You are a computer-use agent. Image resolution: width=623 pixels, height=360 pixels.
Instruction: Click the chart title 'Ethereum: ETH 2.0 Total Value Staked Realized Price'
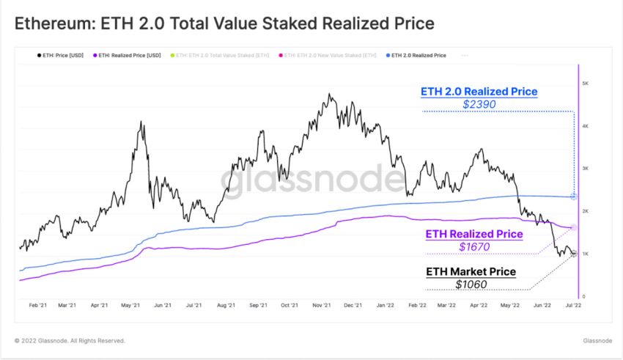click(225, 24)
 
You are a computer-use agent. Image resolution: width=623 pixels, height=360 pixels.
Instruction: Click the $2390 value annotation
click(479, 105)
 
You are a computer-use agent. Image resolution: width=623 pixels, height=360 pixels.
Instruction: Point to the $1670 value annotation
click(474, 247)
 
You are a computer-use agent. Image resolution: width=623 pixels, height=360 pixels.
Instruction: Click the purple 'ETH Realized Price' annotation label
click(474, 234)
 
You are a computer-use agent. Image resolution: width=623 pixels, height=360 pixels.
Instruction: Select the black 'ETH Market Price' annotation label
click(471, 272)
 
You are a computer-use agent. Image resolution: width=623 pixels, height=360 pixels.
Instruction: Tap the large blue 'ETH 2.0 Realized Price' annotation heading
click(479, 92)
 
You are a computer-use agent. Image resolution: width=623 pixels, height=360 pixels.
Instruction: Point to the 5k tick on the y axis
click(585, 84)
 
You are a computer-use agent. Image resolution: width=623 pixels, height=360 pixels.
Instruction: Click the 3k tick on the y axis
click(585, 169)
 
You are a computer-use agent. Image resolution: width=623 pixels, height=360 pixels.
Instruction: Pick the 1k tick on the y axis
click(585, 254)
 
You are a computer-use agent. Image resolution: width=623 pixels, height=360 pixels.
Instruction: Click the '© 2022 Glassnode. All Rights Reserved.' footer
click(70, 341)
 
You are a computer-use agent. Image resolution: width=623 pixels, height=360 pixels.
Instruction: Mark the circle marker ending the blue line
click(573, 196)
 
